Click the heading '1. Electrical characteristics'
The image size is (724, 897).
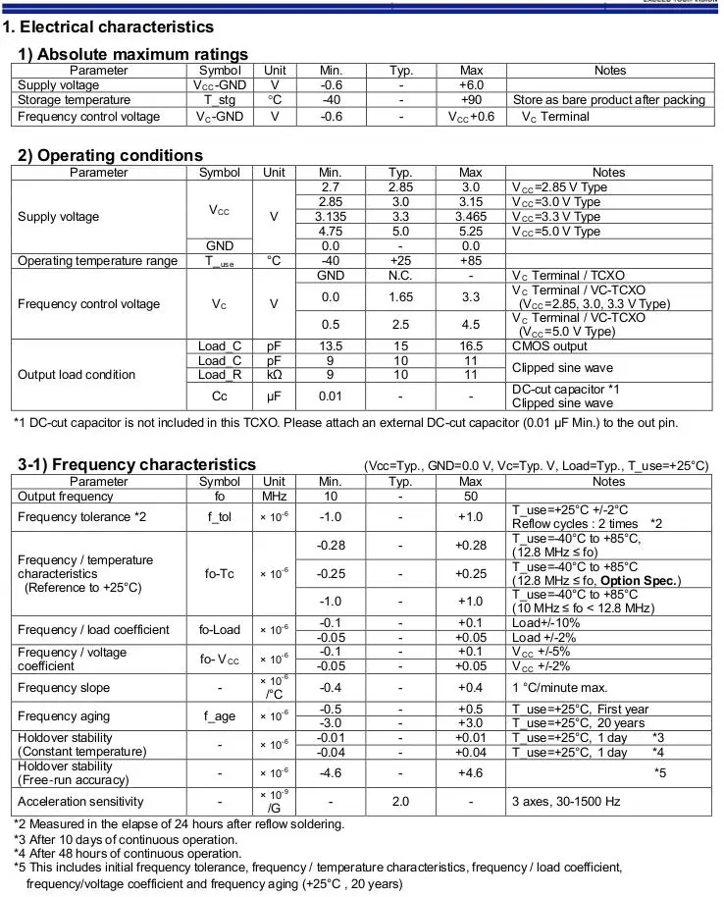pos(109,26)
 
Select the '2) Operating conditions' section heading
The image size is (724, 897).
pos(111,155)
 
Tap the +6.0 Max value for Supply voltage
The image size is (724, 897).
pos(471,85)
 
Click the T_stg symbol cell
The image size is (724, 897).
pos(219,100)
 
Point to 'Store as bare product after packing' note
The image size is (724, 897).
pos(608,100)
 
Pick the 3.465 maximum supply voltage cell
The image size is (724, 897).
pos(471,217)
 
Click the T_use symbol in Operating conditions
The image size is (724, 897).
pos(219,261)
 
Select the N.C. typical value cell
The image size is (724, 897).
pos(400,276)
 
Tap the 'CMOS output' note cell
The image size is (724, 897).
pos(551,345)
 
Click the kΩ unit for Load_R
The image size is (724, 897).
pos(275,375)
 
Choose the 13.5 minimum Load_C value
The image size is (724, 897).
pos(331,345)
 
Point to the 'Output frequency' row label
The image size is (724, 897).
pos(65,497)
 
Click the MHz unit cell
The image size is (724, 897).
pos(275,497)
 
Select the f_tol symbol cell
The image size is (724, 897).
pos(219,517)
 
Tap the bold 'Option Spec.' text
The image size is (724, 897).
pos(640,581)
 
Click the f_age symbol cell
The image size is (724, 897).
pos(219,716)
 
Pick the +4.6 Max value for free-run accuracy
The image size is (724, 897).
pos(471,773)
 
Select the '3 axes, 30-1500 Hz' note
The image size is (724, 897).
pos(566,802)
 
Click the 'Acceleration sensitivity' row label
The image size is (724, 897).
pos(79,802)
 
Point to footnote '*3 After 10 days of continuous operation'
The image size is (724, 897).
pos(128,839)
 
